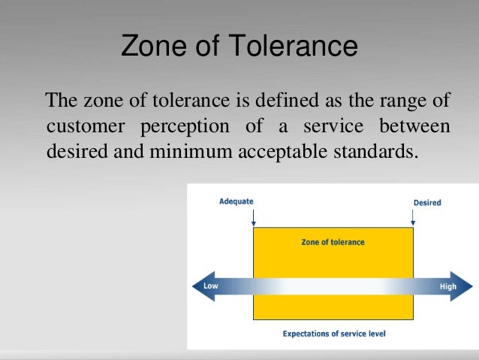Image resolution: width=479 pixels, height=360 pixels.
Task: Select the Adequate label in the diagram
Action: click(236, 202)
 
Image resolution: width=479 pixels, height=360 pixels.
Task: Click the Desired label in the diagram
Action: click(427, 202)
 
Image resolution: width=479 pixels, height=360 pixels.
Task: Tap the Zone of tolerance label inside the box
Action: click(333, 242)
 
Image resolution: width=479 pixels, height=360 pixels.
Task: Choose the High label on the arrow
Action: click(447, 286)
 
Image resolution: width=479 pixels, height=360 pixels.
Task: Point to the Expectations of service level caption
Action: click(333, 332)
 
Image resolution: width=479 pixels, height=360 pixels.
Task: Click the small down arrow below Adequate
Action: click(254, 219)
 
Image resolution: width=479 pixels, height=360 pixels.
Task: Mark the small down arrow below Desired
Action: click(412, 219)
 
